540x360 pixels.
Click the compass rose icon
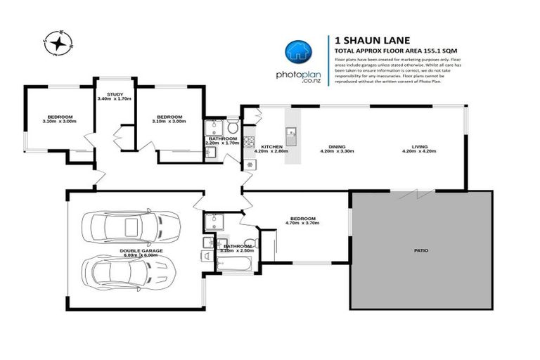pos(56,44)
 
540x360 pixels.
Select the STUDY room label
pos(115,94)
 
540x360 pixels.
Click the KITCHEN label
pos(271,146)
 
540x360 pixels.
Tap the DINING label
pos(336,146)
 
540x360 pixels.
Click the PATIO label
pos(421,250)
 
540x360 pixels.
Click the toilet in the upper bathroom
pos(232,127)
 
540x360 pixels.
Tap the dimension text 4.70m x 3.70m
pos(303,223)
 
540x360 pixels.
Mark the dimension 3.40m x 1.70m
pos(115,99)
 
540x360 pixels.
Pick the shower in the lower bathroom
pos(214,222)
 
